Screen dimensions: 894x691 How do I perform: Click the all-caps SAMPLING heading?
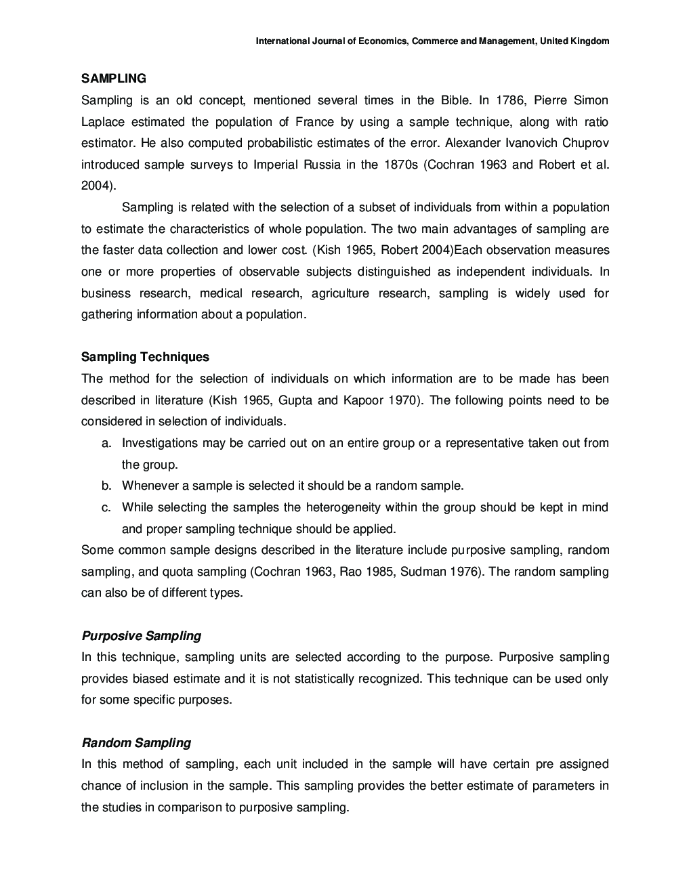113,79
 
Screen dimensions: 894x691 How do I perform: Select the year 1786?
510,100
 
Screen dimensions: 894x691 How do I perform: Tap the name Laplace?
102,122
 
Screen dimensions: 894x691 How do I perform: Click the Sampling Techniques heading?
145,357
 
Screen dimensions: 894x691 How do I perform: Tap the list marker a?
106,443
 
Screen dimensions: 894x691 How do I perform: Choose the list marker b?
106,486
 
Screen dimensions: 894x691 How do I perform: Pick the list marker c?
106,507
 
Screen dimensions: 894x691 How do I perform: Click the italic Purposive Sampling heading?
141,636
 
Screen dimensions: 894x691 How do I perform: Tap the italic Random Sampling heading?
136,743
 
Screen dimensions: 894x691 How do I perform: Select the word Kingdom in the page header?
590,41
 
